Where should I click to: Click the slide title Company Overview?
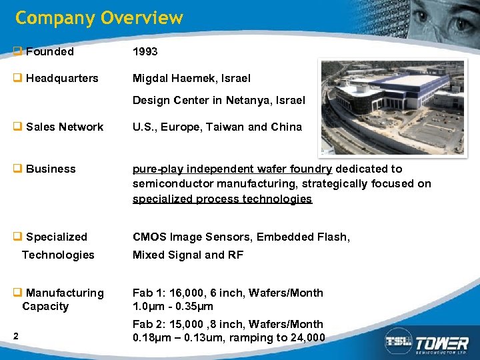click(x=99, y=18)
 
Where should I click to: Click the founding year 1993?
click(x=145, y=51)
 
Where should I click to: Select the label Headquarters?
click(x=62, y=78)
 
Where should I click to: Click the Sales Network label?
click(x=65, y=127)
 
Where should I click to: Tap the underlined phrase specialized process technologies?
click(x=222, y=199)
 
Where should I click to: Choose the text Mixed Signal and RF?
click(x=188, y=255)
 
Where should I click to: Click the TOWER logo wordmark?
click(x=443, y=343)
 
